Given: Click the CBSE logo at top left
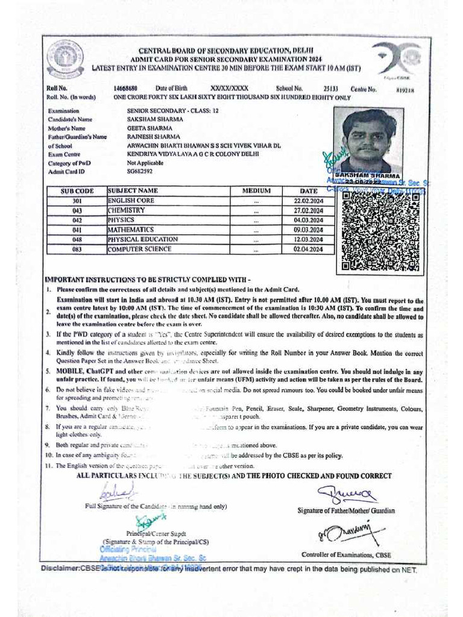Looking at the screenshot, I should [65, 60].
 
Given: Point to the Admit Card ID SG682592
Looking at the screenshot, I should [140, 172].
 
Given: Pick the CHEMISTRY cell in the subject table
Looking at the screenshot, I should [127, 211].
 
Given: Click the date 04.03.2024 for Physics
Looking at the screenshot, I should [308, 221].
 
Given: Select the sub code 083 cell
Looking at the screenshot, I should [77, 249].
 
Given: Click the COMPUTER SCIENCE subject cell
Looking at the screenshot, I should [139, 249].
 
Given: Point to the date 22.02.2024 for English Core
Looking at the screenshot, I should [308, 201].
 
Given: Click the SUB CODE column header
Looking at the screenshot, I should [77, 191].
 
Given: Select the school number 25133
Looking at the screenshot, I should [331, 89].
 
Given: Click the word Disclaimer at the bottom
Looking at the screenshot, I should [60, 568].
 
